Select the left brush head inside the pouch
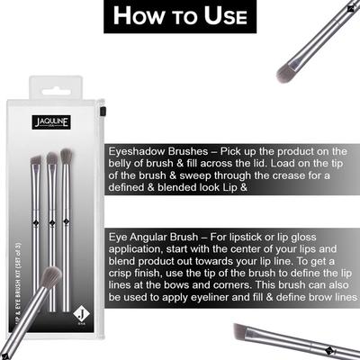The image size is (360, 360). (x=36, y=163)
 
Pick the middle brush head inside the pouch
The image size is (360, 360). (x=51, y=159)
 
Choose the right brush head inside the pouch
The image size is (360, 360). (x=66, y=156)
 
